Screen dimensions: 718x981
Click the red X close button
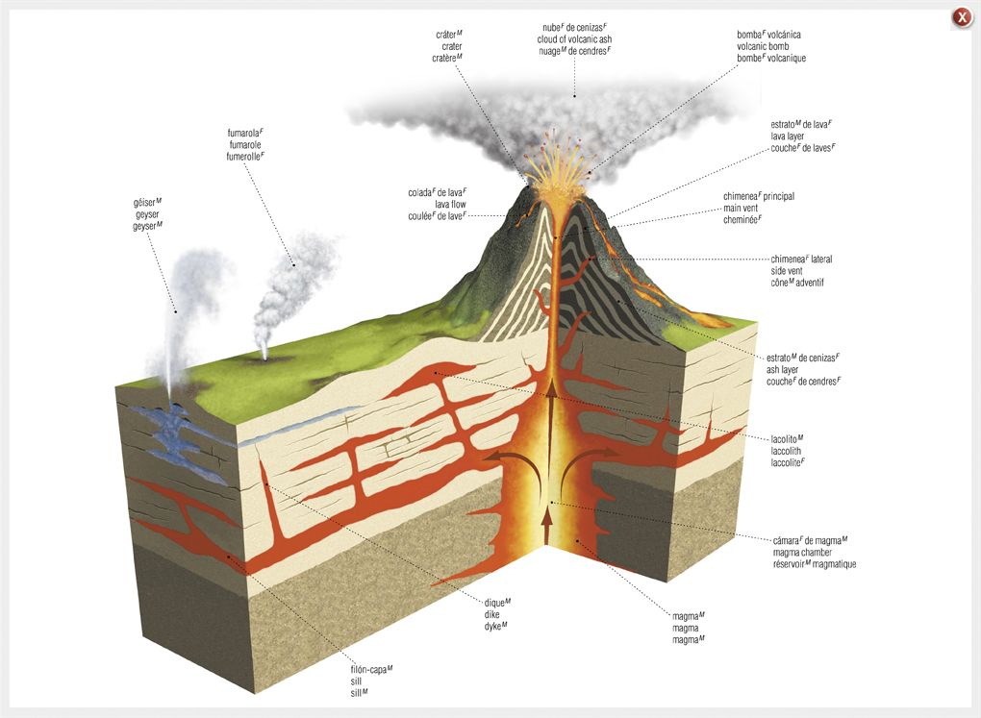[962, 17]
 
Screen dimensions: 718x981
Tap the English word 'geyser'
[147, 214]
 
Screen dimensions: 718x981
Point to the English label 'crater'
[451, 46]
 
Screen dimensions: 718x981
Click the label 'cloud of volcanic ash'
[574, 39]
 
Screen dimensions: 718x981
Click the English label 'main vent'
[744, 208]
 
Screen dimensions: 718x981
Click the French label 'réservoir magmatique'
[814, 564]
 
